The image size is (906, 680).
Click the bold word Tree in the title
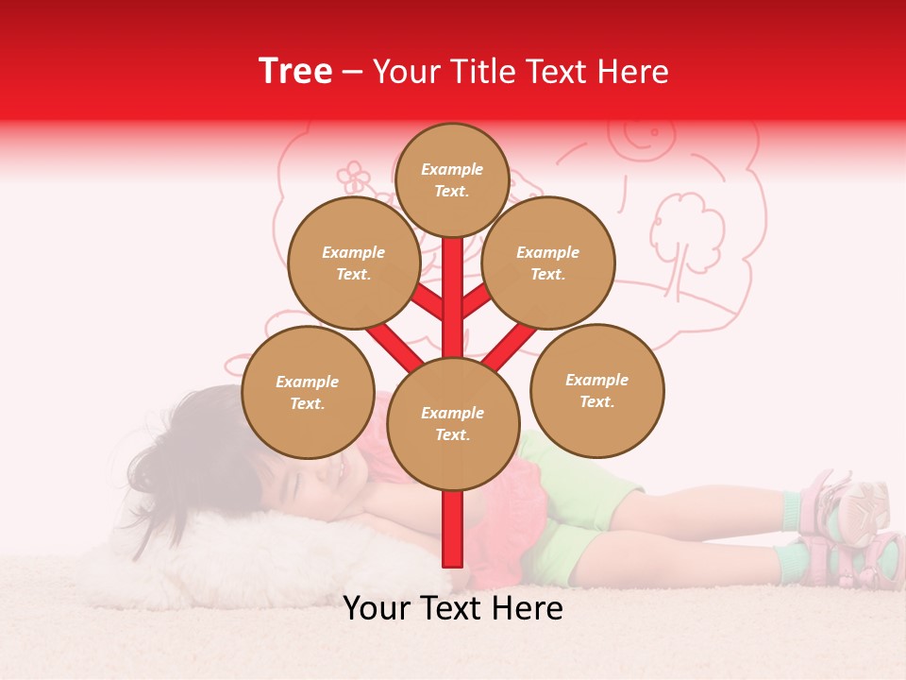[295, 72]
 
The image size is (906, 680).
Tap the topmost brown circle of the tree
[452, 179]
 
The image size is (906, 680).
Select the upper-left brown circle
[353, 263]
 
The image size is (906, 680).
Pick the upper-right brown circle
[547, 263]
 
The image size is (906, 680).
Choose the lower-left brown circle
[308, 392]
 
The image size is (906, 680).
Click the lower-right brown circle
[596, 390]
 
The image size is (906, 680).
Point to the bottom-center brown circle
[452, 424]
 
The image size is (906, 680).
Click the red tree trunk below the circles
[452, 529]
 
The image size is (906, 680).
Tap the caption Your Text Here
[452, 608]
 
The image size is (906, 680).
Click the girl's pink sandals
[845, 529]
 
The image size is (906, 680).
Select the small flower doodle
[354, 176]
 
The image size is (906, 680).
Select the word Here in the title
[635, 72]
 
